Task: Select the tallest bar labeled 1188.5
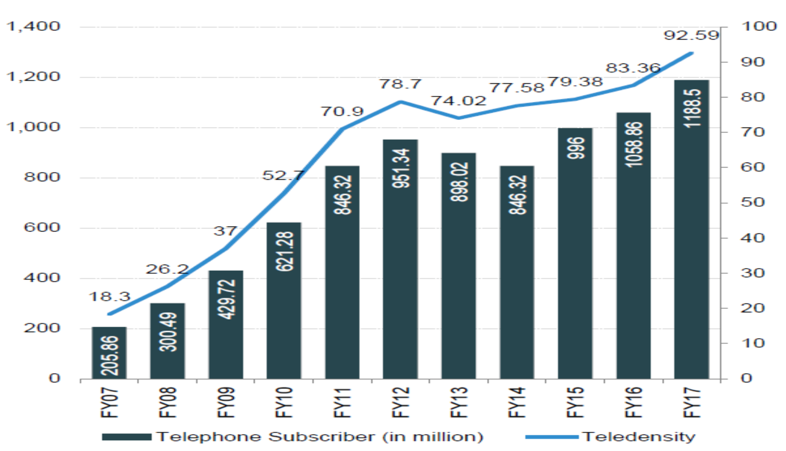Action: [691, 230]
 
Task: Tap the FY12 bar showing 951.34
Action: [400, 259]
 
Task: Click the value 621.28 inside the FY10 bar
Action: [284, 251]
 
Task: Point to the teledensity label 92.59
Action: [691, 35]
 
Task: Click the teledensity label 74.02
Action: [458, 101]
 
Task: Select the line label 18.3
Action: [109, 297]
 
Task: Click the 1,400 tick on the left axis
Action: [33, 26]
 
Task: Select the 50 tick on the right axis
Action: [753, 203]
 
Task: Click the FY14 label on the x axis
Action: [517, 402]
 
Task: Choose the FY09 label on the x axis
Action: [226, 402]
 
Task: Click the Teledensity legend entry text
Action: [639, 437]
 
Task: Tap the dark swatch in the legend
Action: [127, 437]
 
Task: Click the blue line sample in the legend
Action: [552, 437]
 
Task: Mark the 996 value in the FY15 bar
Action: [575, 148]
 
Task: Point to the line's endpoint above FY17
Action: [691, 53]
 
